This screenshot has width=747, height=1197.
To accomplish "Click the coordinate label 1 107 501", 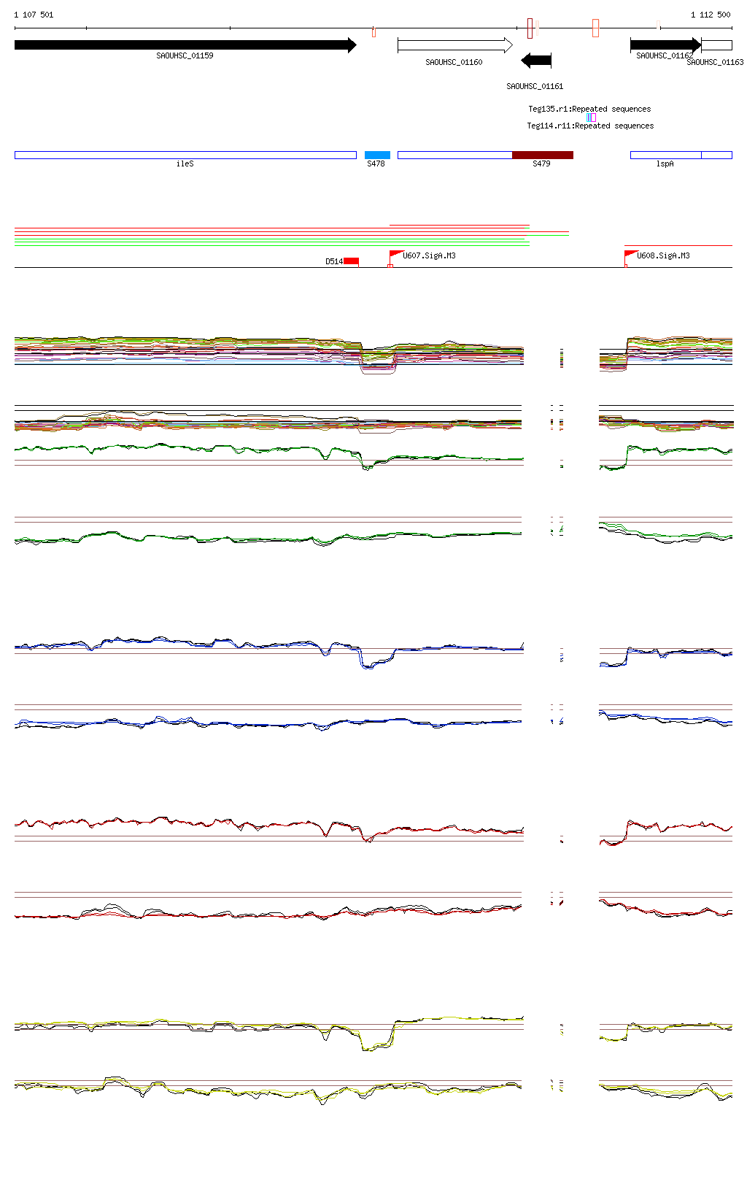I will click(34, 15).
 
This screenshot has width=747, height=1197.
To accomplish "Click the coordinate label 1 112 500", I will click(710, 15).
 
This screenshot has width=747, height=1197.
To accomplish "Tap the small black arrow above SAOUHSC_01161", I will click(536, 61).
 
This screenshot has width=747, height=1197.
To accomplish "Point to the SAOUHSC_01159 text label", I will click(185, 56).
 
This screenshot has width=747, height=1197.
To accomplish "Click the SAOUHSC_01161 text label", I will click(535, 86).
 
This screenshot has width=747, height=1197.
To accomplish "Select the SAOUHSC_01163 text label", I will click(715, 63).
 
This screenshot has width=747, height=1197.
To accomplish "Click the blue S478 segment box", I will click(377, 155).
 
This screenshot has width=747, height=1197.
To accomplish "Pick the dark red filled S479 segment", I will click(542, 155).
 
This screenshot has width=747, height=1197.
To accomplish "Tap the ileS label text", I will click(185, 164).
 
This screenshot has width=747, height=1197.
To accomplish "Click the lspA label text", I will click(665, 164).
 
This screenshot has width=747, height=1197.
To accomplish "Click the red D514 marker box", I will click(351, 261).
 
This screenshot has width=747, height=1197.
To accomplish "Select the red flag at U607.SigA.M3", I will click(395, 255).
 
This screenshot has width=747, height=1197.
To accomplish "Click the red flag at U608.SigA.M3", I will click(630, 255).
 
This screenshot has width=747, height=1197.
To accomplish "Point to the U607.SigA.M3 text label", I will click(429, 256).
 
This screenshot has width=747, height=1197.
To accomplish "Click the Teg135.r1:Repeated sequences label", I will click(589, 109).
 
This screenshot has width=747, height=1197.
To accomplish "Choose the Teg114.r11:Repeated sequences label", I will click(590, 126).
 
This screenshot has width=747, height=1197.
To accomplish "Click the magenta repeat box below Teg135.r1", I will click(592, 118).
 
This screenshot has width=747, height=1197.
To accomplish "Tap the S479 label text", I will click(541, 164).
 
